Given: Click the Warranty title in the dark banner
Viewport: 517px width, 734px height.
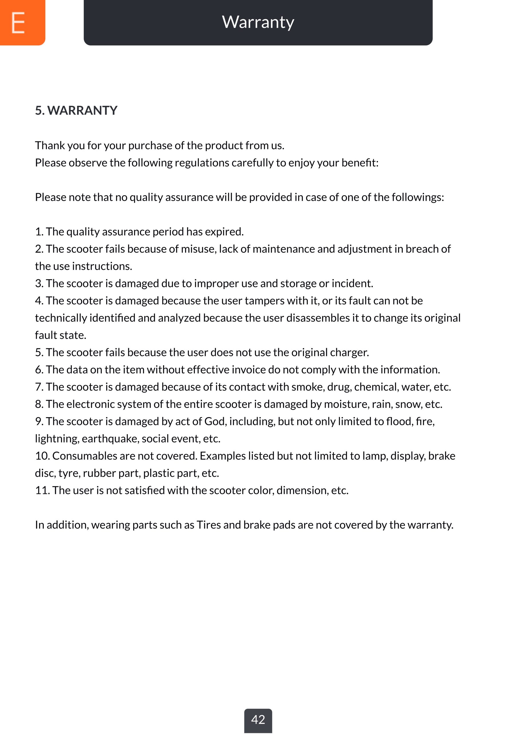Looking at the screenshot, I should pos(258,22).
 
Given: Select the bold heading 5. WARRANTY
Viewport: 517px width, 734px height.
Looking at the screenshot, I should pos(76,110).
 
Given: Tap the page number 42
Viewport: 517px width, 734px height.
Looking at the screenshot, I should pos(258,719).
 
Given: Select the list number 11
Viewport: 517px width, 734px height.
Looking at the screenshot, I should pos(42,491).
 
